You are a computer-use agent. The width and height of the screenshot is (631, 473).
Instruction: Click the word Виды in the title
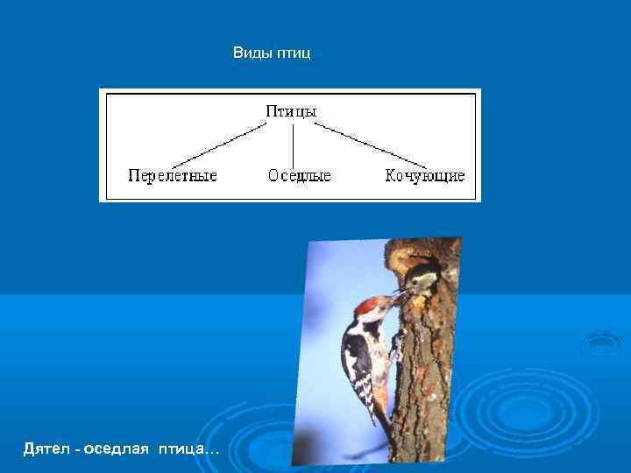coord(252,54)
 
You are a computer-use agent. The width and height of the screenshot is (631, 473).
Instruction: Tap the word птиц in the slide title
coord(294,54)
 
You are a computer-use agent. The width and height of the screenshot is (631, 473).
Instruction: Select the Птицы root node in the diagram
coord(291,111)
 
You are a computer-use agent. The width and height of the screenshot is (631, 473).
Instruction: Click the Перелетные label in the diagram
coord(173,175)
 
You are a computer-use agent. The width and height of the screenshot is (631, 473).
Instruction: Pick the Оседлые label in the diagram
coord(300,175)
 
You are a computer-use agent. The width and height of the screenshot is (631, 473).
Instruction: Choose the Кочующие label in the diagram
coord(425,175)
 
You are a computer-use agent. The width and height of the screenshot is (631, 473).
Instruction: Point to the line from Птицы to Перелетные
coord(219,145)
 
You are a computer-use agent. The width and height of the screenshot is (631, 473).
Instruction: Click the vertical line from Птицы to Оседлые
coord(291,144)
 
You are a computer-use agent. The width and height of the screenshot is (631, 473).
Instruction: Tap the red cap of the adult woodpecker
coord(368,304)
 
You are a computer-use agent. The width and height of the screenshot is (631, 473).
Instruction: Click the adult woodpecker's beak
coord(395,299)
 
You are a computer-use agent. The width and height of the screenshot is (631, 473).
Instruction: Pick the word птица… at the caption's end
coord(189,448)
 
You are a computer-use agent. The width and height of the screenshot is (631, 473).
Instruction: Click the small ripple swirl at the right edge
coord(602,341)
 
